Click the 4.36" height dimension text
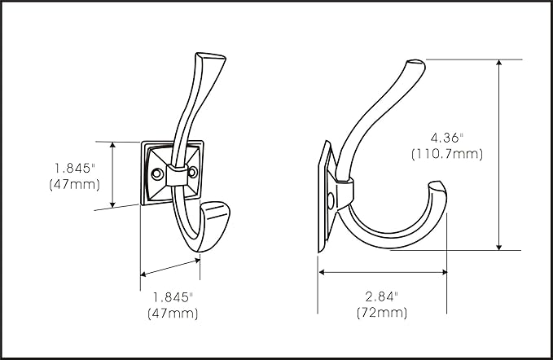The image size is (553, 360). click(446, 138)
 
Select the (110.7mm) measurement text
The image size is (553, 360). click(447, 154)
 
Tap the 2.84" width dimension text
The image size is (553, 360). click(382, 297)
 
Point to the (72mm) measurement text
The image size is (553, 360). click(382, 313)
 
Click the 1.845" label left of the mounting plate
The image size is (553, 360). click(75, 168)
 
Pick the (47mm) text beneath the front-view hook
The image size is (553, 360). click(173, 314)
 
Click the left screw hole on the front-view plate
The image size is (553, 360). click(157, 173)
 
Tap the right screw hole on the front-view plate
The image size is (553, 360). click(192, 172)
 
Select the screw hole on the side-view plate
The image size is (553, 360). click(331, 200)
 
